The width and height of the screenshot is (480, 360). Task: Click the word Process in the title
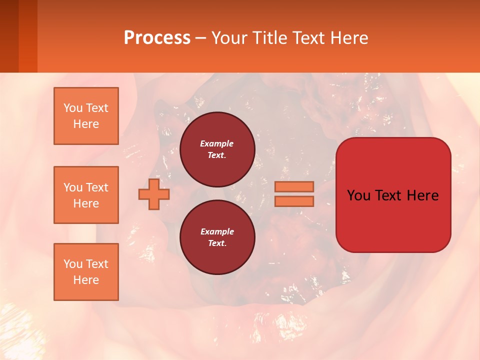click(157, 38)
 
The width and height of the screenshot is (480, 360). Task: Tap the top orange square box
click(86, 116)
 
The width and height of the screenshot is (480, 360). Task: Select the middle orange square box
click(86, 195)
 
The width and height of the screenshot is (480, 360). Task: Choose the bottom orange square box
click(86, 272)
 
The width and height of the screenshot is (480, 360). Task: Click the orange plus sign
click(153, 194)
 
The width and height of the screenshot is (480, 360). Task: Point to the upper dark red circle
click(217, 149)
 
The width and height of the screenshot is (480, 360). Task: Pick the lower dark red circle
click(217, 237)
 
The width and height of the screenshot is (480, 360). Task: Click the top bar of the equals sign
click(294, 187)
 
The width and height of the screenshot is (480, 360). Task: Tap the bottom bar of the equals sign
click(294, 201)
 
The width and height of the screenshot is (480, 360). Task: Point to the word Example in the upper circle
click(217, 143)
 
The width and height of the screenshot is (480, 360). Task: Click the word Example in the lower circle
click(217, 231)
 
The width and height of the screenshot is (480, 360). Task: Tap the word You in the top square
click(72, 108)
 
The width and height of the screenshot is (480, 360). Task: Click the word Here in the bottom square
click(86, 280)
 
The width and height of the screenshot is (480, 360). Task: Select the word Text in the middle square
click(96, 187)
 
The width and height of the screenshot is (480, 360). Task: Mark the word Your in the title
click(228, 38)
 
